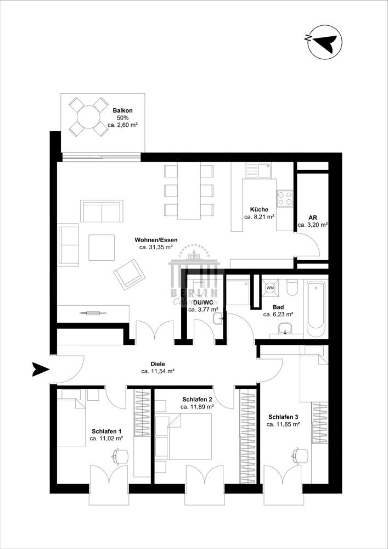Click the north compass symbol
[x=324, y=42]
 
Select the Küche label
[x=259, y=209]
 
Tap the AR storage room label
[x=313, y=217]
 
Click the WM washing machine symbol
[x=270, y=287]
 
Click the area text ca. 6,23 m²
[x=278, y=315]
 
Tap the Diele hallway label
[x=158, y=363]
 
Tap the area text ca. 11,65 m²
[x=283, y=424]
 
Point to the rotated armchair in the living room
[x=128, y=273]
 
